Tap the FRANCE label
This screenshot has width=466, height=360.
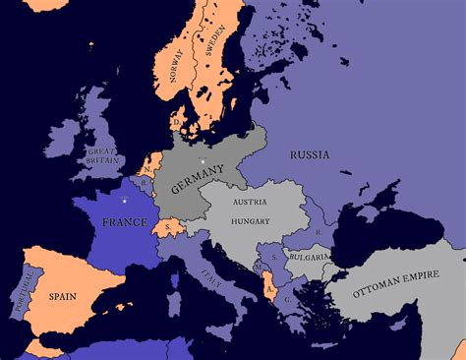tap(125, 222)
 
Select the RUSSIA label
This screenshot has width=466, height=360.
tap(309, 154)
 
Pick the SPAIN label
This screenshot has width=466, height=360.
tap(63, 294)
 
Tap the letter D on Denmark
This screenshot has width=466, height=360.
tap(176, 124)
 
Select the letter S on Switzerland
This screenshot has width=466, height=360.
tap(168, 228)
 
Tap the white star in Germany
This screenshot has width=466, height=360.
tap(202, 159)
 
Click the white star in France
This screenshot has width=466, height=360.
tap(124, 202)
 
